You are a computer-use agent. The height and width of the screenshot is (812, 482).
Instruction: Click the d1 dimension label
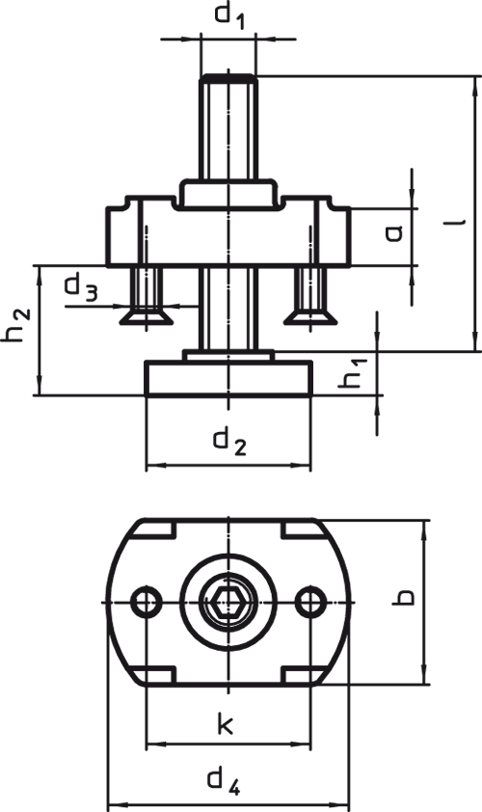tap(229, 15)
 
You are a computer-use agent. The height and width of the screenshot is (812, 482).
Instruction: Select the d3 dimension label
tap(80, 288)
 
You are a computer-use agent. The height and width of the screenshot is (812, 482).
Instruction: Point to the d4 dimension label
tap(224, 782)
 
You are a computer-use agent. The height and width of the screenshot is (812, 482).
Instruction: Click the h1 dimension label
tap(353, 373)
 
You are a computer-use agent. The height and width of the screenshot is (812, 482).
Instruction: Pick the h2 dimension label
tap(16, 325)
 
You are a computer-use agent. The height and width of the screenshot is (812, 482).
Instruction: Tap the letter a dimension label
tap(393, 234)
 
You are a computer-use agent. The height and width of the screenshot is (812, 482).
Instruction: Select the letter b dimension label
tap(403, 597)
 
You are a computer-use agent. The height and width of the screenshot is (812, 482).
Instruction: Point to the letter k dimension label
tap(225, 723)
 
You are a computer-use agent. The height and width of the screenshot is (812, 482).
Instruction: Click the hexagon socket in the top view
tap(228, 603)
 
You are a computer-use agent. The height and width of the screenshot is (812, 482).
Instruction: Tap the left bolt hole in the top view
tap(147, 602)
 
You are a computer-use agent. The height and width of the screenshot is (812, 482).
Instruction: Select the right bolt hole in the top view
tap(310, 602)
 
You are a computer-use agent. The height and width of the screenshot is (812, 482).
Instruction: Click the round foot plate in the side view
tap(228, 378)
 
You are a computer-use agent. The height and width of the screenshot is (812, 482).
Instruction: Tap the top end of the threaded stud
tap(228, 76)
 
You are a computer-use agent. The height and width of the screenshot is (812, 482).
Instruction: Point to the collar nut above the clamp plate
tap(228, 194)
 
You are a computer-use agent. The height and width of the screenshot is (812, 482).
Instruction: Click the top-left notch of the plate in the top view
tap(156, 529)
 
